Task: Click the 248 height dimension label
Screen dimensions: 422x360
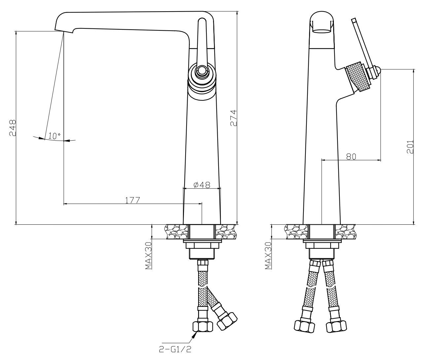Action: click(x=13, y=128)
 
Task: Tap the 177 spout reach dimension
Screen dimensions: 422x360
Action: click(x=132, y=200)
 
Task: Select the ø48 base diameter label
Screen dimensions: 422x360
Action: click(x=202, y=185)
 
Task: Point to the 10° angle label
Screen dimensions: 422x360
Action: click(x=54, y=136)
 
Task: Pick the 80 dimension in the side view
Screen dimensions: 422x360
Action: click(x=351, y=156)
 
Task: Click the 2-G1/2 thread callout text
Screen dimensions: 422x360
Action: click(x=175, y=349)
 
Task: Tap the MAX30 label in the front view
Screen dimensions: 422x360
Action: click(x=148, y=256)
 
